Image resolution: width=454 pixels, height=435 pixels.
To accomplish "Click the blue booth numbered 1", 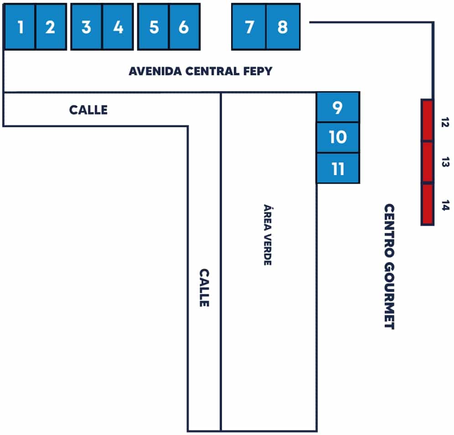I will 20,27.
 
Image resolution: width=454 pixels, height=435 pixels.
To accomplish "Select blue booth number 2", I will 51,27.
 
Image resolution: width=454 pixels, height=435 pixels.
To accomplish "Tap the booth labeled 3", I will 86,27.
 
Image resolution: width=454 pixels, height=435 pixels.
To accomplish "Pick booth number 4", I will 118,27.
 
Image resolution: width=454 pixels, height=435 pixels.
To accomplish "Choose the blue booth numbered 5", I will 154,27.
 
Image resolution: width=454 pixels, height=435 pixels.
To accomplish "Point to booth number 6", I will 184,27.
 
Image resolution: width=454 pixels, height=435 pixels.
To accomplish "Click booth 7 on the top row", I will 249,27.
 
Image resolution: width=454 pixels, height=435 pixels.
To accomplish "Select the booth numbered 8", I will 283,27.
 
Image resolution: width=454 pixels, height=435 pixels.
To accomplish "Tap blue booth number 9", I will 338,108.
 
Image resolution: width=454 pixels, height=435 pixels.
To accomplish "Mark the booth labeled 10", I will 338,137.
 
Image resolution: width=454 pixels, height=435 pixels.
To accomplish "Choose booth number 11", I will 338,169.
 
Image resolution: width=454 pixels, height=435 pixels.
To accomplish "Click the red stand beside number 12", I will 427,120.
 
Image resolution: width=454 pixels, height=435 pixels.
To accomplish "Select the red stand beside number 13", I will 427,162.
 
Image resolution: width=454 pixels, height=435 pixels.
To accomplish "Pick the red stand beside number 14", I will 427,204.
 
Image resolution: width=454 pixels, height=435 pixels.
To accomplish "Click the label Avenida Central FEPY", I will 200,72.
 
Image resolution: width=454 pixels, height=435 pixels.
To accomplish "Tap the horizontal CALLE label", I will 88,110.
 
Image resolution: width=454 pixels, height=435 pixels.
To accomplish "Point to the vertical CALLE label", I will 204,287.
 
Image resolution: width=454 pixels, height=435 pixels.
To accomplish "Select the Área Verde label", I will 268,234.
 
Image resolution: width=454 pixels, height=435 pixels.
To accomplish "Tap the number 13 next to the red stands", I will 446,162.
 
